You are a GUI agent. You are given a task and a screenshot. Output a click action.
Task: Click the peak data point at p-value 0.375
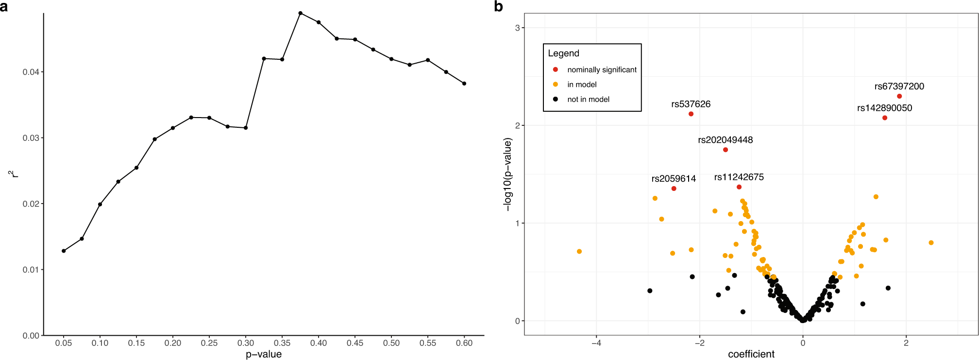tap(300, 13)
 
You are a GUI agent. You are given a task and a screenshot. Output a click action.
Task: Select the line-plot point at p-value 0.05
tap(64, 251)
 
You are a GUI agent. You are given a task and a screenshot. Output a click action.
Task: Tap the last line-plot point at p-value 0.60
tap(464, 84)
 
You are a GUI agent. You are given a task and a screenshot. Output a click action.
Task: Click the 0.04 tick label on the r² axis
tap(31, 72)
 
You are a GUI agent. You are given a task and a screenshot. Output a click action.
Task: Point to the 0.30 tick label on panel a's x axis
tap(246, 343)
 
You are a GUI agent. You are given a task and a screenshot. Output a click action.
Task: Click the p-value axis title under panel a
tap(264, 354)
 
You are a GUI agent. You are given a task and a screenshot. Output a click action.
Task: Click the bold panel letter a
tap(4, 6)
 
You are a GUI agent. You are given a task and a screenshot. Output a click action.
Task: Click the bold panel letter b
tap(498, 6)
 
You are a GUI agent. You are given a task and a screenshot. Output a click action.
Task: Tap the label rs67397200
tap(899, 86)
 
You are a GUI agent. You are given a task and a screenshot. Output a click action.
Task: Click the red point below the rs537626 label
tap(691, 114)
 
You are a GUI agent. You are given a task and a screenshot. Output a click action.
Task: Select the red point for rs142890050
tap(885, 118)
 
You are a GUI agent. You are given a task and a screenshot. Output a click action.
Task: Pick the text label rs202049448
tap(726, 140)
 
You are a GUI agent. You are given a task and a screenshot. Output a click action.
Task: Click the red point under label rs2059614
tap(674, 189)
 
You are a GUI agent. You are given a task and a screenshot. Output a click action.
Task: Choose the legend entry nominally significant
tap(602, 69)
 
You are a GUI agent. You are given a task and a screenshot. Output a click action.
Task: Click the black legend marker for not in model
tap(556, 99)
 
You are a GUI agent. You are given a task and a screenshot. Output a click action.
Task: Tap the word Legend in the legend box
tap(563, 53)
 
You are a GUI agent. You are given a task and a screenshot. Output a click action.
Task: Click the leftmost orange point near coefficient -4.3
tap(579, 251)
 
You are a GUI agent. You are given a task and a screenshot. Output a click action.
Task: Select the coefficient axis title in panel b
tap(751, 354)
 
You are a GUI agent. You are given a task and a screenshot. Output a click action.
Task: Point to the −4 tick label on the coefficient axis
tap(596, 343)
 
